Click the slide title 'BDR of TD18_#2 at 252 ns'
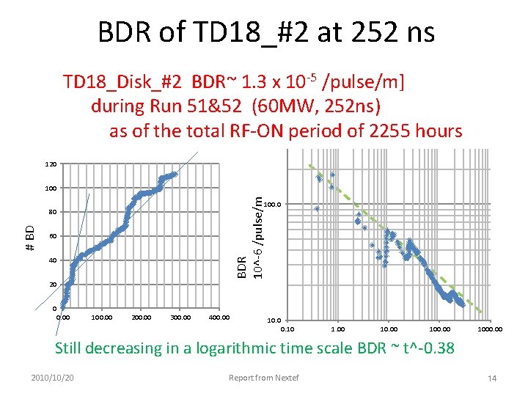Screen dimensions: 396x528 pyautogui.click(x=266, y=32)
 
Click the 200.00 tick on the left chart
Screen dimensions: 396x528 pyautogui.click(x=142, y=318)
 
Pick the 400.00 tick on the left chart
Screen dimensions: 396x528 pyautogui.click(x=219, y=318)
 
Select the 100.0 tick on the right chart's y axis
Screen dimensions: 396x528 pyautogui.click(x=272, y=204)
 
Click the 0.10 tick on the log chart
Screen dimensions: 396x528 pyautogui.click(x=287, y=329)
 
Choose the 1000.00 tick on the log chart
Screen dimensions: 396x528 pyautogui.click(x=490, y=329)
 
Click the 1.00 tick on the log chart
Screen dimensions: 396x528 pyautogui.click(x=338, y=329)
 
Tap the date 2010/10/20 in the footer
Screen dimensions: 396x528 pyautogui.click(x=52, y=378)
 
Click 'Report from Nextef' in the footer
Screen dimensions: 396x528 pyautogui.click(x=264, y=378)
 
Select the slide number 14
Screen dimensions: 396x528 pyautogui.click(x=492, y=378)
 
